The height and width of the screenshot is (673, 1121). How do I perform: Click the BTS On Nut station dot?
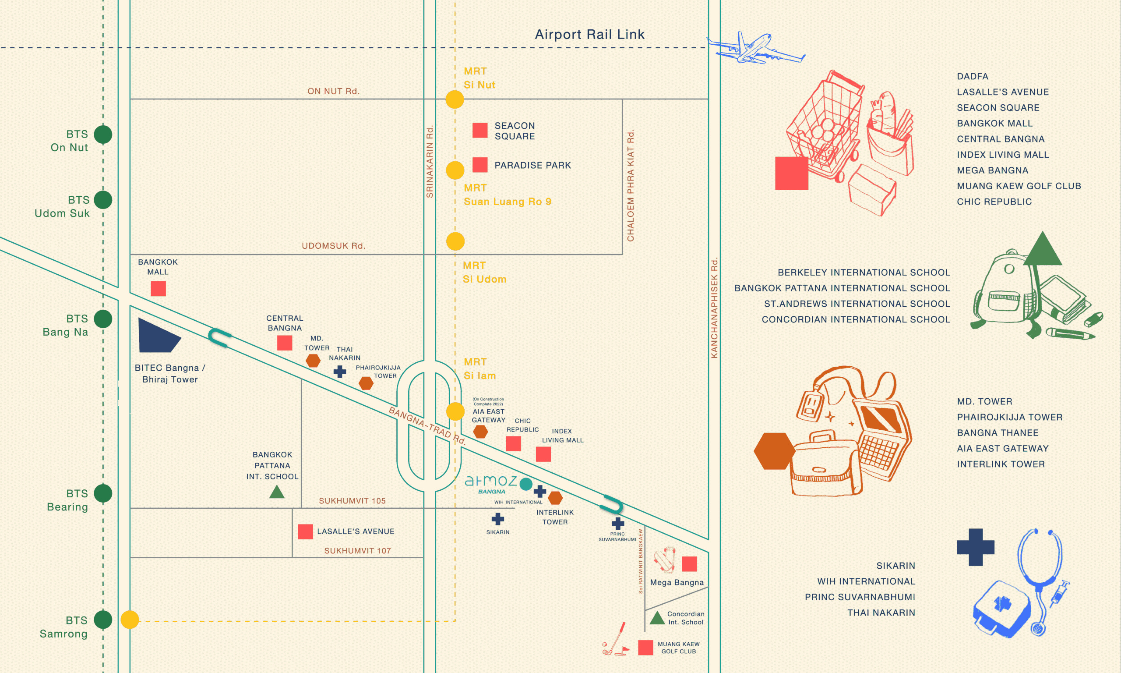coord(103,134)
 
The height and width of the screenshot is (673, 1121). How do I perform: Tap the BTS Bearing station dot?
coord(103,493)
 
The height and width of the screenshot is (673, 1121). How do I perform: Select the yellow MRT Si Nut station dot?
coord(455,99)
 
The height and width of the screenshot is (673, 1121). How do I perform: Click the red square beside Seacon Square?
coord(480,130)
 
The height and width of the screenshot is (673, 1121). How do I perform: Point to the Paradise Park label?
coord(532,166)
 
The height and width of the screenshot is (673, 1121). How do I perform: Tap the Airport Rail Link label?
coord(589,35)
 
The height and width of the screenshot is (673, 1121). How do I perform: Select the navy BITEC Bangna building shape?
coord(156,336)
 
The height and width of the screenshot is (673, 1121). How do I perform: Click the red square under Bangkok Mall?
coord(158,289)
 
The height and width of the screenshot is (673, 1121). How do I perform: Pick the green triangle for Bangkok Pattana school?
coord(277,492)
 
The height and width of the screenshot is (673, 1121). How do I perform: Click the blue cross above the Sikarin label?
coord(497,519)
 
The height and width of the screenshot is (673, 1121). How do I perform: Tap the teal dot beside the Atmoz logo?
coord(525,484)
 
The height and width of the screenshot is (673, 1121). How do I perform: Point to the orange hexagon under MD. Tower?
coord(313,361)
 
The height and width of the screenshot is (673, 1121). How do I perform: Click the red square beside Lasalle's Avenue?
coord(305,531)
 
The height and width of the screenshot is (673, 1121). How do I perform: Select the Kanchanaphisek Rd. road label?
coord(715,308)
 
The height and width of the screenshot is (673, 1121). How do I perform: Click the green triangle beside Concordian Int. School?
coord(657,618)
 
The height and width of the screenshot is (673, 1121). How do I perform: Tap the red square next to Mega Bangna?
coord(689,564)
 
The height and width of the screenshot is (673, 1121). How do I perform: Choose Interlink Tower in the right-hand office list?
coord(1001,464)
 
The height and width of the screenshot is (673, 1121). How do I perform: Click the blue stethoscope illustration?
coord(1040,581)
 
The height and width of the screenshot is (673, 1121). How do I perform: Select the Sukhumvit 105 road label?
coord(352,501)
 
